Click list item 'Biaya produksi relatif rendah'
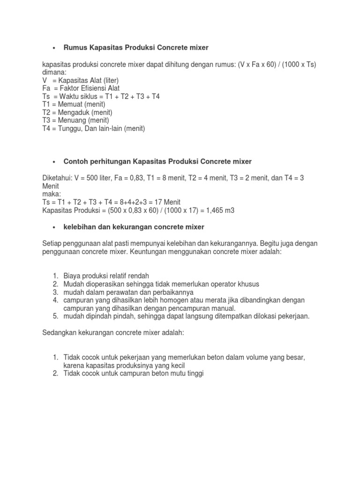pyautogui.click(x=106, y=276)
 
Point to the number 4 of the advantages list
pyautogui.click(x=55, y=300)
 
